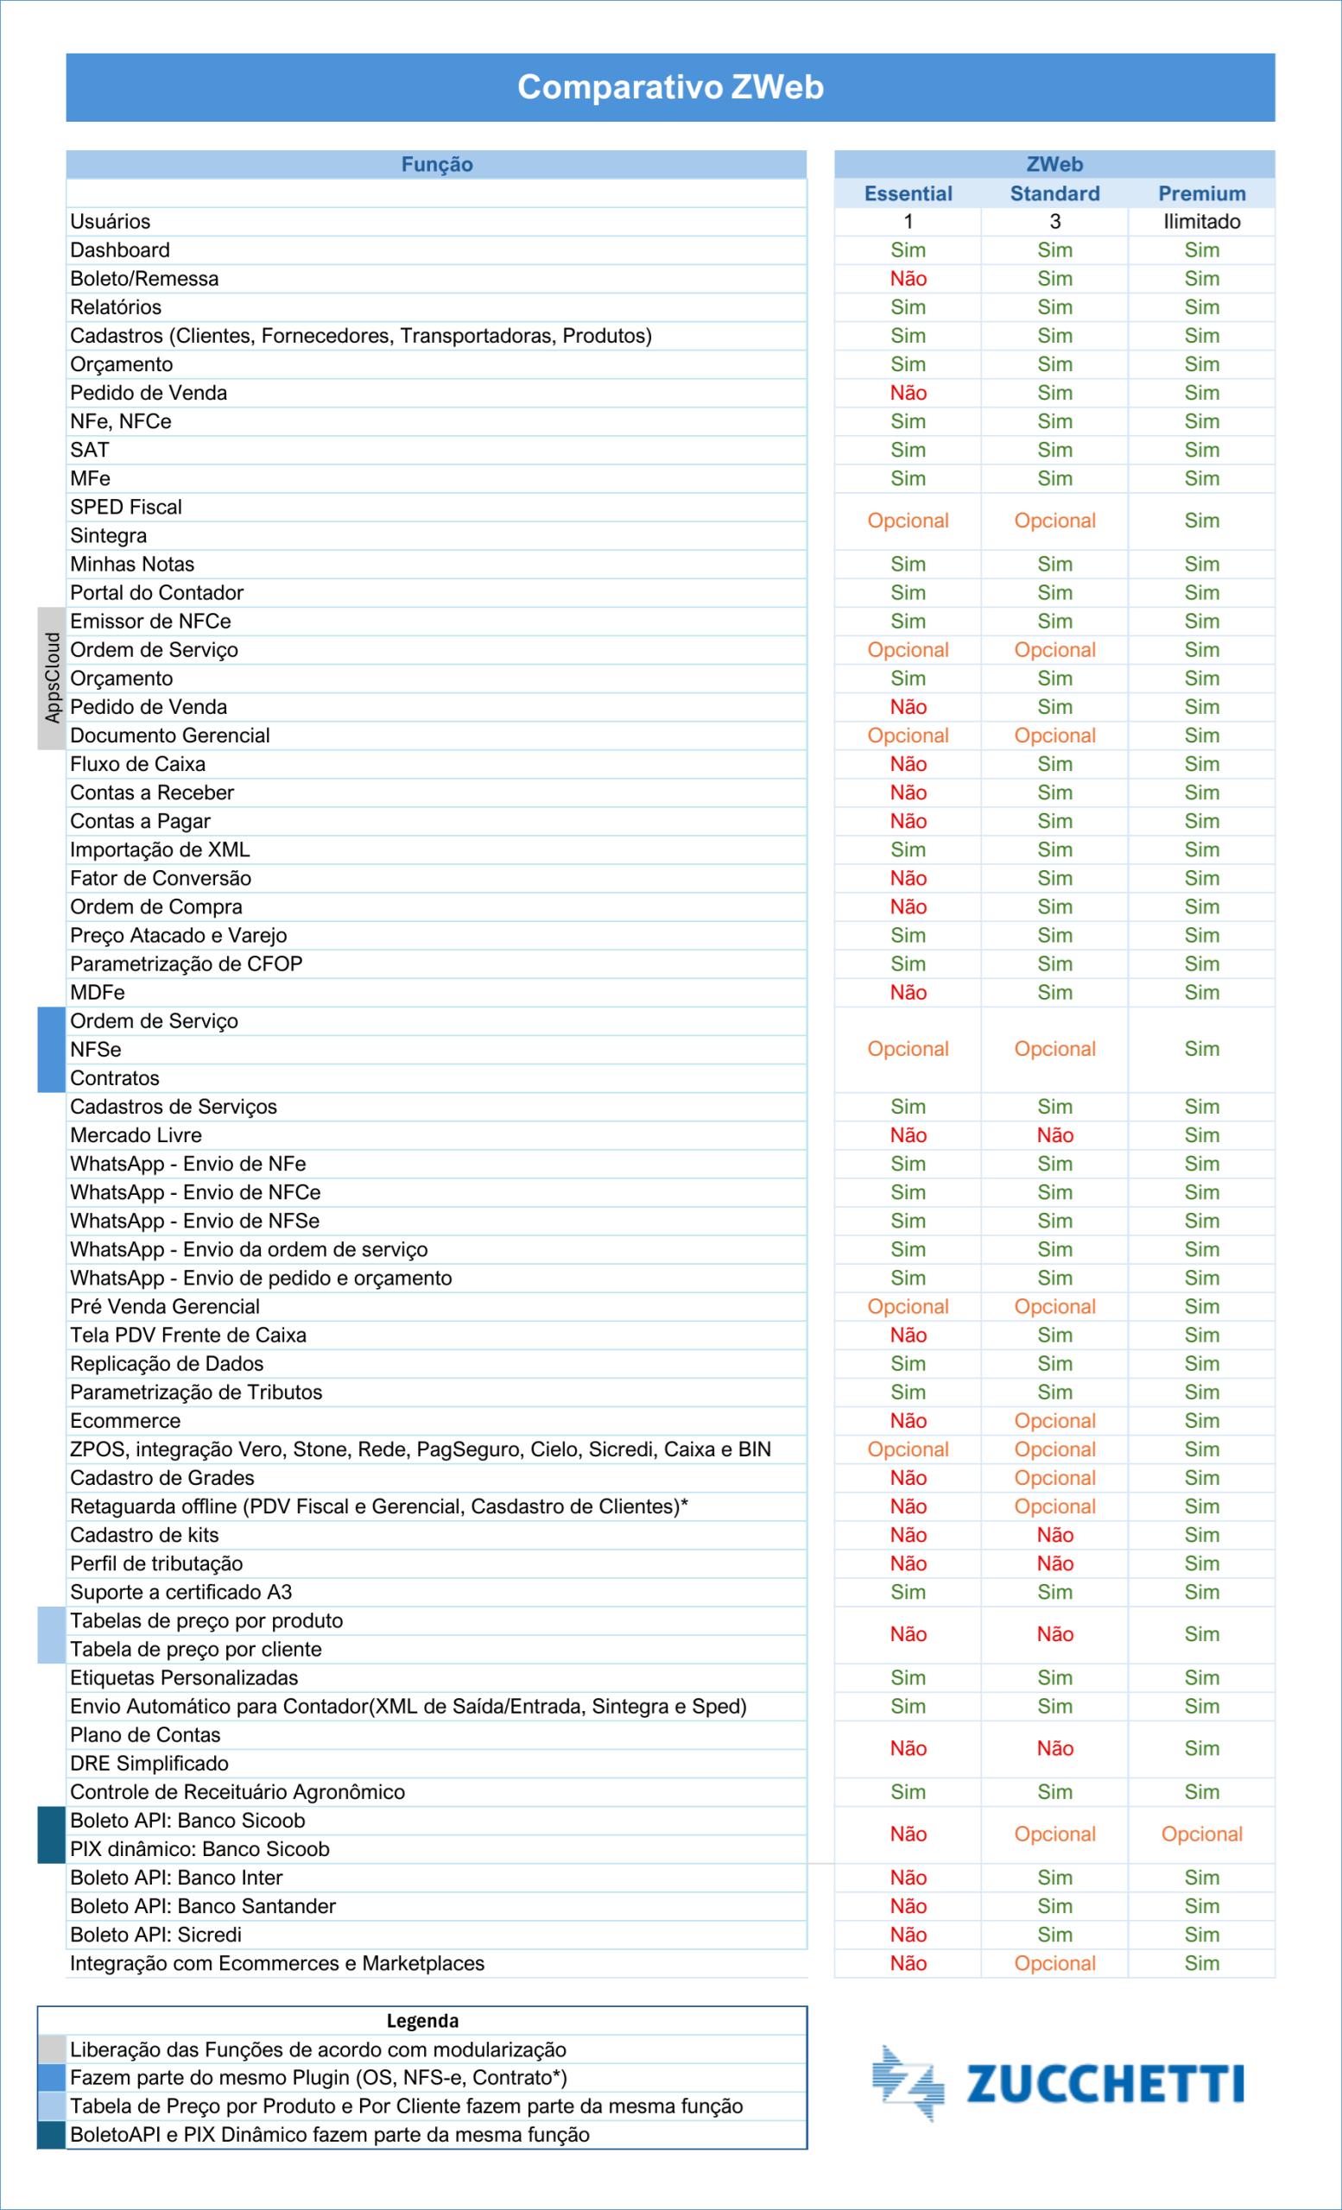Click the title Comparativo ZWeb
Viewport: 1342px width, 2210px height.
point(670,87)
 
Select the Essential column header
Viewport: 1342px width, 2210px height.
point(908,193)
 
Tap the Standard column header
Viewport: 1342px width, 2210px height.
point(1055,193)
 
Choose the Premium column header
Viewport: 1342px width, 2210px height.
point(1201,193)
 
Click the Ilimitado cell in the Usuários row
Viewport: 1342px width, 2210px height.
point(1201,222)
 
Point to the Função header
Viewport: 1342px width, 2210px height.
point(436,164)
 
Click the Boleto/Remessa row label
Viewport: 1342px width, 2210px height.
point(144,279)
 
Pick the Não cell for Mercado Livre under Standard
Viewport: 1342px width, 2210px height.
point(1055,1135)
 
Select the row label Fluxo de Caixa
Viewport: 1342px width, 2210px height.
point(138,764)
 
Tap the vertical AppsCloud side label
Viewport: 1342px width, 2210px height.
point(52,678)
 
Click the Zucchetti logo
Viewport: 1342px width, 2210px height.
point(1058,2082)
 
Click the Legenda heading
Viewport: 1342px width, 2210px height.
point(422,2021)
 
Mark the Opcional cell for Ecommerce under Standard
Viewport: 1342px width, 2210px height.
point(1055,1421)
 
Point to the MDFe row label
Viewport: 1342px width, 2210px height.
point(98,993)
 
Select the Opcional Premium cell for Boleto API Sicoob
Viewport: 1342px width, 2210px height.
point(1201,1834)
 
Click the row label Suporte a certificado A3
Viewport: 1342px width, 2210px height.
point(181,1592)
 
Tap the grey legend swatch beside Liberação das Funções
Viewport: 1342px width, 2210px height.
point(52,2049)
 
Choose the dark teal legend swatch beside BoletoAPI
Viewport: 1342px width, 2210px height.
point(52,2135)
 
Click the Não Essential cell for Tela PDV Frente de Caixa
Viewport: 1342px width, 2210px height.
point(908,1335)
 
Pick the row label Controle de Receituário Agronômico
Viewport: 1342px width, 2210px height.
point(237,1792)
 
